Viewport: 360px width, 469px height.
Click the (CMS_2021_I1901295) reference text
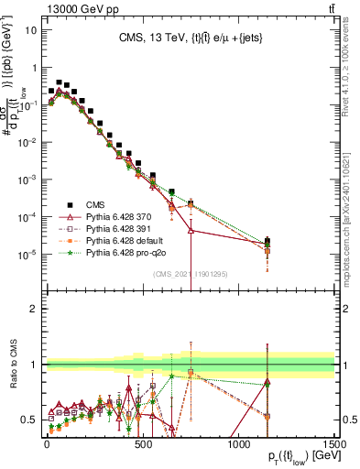pyautogui.click(x=191, y=273)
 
